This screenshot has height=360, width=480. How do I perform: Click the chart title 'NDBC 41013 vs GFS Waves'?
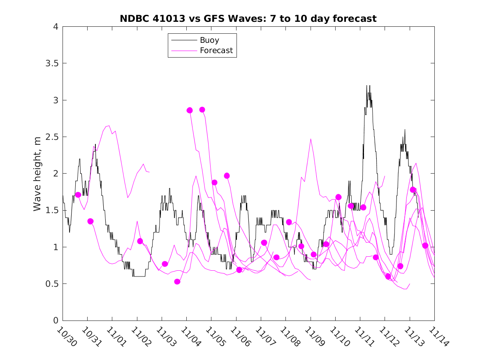[248, 19]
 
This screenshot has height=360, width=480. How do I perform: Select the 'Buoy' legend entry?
[209, 40]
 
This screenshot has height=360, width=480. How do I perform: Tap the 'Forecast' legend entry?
[216, 51]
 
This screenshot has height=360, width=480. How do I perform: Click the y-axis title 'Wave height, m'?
[37, 173]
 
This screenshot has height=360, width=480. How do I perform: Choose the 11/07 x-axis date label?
[266, 336]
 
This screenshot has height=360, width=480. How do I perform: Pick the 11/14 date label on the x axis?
[439, 336]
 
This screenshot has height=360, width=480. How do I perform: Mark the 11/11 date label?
[365, 336]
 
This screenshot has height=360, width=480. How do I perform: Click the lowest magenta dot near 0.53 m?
[177, 281]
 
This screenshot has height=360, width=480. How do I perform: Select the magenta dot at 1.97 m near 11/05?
[227, 176]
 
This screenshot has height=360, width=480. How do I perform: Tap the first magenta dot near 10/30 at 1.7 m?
[78, 195]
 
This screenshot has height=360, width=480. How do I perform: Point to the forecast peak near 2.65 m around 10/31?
[109, 125]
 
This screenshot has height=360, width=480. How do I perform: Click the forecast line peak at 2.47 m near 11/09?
[311, 139]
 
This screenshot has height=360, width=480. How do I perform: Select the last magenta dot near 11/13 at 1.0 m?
[425, 246]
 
